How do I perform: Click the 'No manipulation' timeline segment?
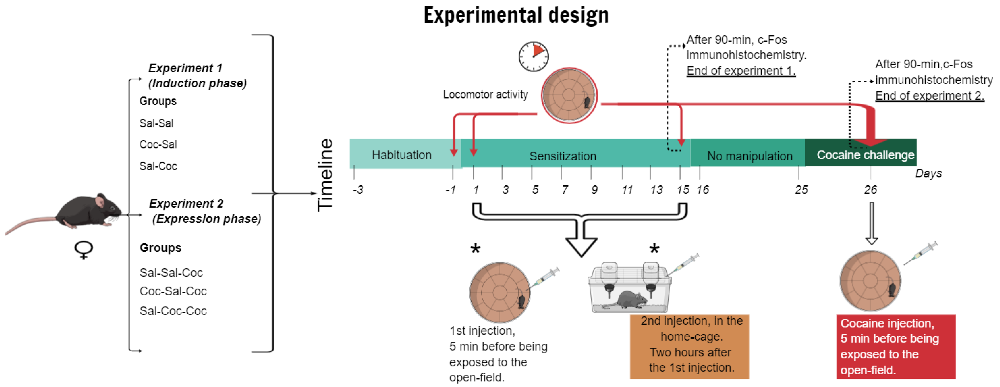point(749,155)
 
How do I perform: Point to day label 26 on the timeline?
point(870,190)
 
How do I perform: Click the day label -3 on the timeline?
point(358,190)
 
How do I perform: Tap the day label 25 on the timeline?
point(801,190)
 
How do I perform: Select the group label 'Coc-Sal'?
point(158,144)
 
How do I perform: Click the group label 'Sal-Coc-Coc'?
point(173,311)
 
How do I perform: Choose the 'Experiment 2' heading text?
point(186,204)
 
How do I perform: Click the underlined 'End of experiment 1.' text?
point(741,71)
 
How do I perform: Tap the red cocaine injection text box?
point(895,346)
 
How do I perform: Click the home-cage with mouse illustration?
point(629,289)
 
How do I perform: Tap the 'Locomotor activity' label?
point(485,94)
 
